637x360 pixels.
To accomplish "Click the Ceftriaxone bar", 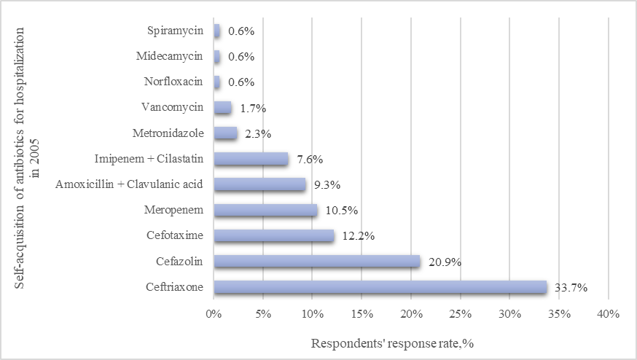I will (x=380, y=287).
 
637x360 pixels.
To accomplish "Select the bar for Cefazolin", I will (x=316, y=262).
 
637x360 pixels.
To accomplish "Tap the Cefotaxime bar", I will (x=273, y=235).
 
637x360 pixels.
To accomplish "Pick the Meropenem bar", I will (x=265, y=210).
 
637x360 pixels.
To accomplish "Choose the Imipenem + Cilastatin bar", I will (x=251, y=159).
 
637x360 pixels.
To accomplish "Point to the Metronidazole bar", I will (x=225, y=133).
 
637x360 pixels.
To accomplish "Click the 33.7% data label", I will (x=571, y=288).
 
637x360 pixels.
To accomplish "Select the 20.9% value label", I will (x=444, y=262).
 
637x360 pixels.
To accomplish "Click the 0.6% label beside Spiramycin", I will (x=241, y=31).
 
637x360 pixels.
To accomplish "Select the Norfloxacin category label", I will (x=172, y=82).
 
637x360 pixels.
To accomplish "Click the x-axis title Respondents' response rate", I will (x=394, y=343).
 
